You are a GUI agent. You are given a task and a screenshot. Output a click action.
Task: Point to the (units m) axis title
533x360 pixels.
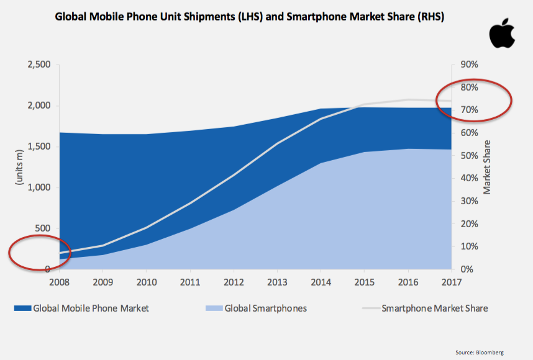18,167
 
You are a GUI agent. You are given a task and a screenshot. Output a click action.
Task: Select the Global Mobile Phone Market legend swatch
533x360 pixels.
21,308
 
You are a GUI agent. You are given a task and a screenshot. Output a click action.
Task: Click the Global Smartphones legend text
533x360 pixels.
266,308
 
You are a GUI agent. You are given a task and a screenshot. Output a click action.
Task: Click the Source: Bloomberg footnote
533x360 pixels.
479,353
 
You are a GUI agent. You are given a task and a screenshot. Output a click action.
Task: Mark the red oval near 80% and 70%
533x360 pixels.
474,99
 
